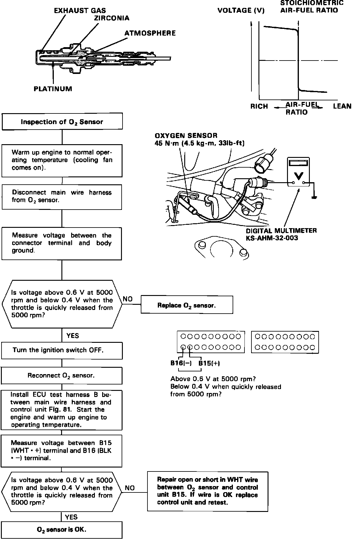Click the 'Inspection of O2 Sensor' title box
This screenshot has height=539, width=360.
pyautogui.click(x=62, y=122)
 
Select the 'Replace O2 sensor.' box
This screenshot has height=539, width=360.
pyautogui.click(x=187, y=305)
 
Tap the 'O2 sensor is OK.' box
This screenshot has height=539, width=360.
pyautogui.click(x=62, y=529)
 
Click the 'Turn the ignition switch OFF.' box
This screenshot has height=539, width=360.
pyautogui.click(x=62, y=350)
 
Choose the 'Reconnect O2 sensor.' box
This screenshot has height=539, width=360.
pyautogui.click(x=62, y=375)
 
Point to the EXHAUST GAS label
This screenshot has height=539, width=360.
pyautogui.click(x=80, y=11)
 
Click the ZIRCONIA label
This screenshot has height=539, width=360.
pyautogui.click(x=112, y=18)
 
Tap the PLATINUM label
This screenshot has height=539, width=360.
pyautogui.click(x=53, y=89)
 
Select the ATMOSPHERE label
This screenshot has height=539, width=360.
pyautogui.click(x=150, y=33)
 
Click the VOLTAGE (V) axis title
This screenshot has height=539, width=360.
pyautogui.click(x=241, y=11)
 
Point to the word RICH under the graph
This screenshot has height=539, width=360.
pyautogui.click(x=259, y=106)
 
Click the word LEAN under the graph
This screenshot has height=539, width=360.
pyautogui.click(x=342, y=106)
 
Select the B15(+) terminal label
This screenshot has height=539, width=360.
pyautogui.click(x=209, y=363)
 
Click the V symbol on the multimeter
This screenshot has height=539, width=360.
pyautogui.click(x=299, y=176)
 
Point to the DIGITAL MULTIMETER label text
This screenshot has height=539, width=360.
pyautogui.click(x=281, y=231)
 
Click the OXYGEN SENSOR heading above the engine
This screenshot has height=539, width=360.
pyautogui.click(x=186, y=136)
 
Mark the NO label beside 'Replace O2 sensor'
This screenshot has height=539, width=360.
pyautogui.click(x=128, y=299)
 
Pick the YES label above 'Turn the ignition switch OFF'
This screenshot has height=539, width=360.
pyautogui.click(x=72, y=336)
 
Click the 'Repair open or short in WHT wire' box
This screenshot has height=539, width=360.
pyautogui.click(x=208, y=491)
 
